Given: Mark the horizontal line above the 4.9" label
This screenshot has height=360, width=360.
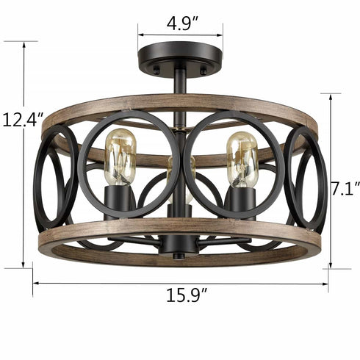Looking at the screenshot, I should point(180,33).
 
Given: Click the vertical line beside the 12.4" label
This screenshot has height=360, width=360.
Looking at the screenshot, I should point(25,154).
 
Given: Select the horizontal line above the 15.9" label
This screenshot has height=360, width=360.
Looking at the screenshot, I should point(180,283).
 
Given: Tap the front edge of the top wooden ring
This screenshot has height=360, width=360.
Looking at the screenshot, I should point(179,103).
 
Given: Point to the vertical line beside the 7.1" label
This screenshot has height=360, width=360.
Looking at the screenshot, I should point(330,180).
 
